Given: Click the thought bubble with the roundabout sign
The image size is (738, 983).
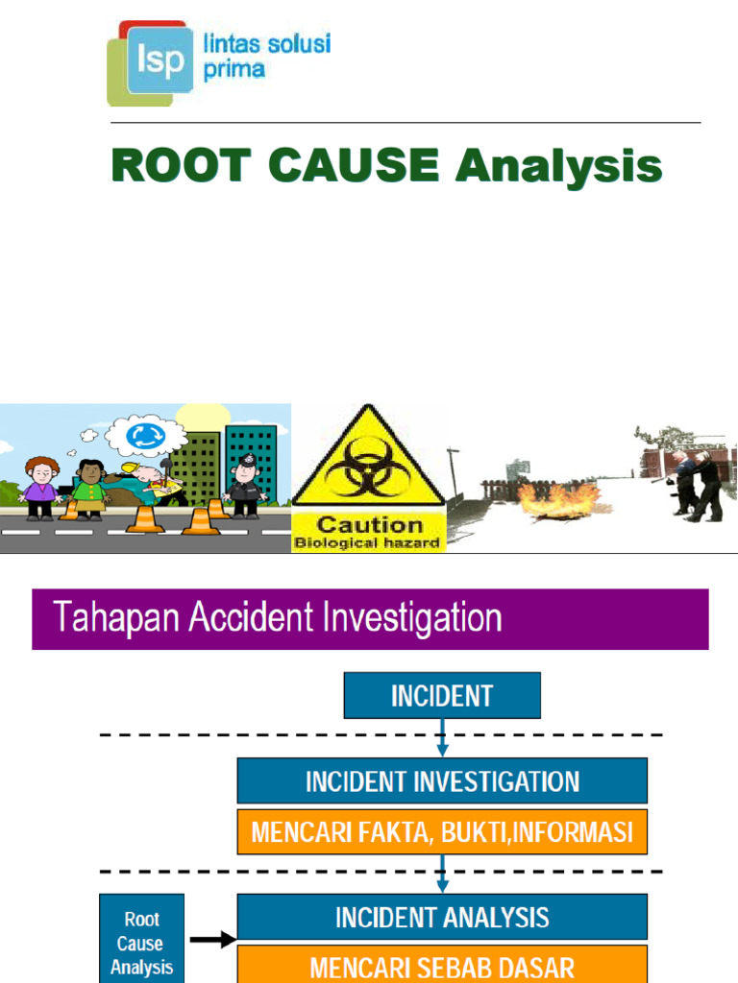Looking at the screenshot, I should point(145,436).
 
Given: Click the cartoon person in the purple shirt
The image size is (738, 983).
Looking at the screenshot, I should point(40,488).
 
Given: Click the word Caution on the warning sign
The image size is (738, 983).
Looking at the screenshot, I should point(370,524).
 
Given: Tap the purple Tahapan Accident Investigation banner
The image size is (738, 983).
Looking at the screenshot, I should point(370,619).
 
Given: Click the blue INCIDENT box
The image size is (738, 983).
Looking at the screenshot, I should point(442,695).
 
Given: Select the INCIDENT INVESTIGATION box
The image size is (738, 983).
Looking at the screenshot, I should point(442,780).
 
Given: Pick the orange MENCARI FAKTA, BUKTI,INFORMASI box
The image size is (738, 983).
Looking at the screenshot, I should point(442,831).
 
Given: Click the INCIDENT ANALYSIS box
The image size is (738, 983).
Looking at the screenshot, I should point(442,917).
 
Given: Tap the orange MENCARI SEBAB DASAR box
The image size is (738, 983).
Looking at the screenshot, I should point(442,965).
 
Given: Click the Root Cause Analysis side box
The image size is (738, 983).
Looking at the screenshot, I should point(141,942).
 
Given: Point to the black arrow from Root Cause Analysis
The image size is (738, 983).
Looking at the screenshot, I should point(213,940).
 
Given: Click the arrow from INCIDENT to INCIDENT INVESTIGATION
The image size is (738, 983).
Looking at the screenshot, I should point(442,738).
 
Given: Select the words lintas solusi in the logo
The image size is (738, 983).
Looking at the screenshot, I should point(266,44).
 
